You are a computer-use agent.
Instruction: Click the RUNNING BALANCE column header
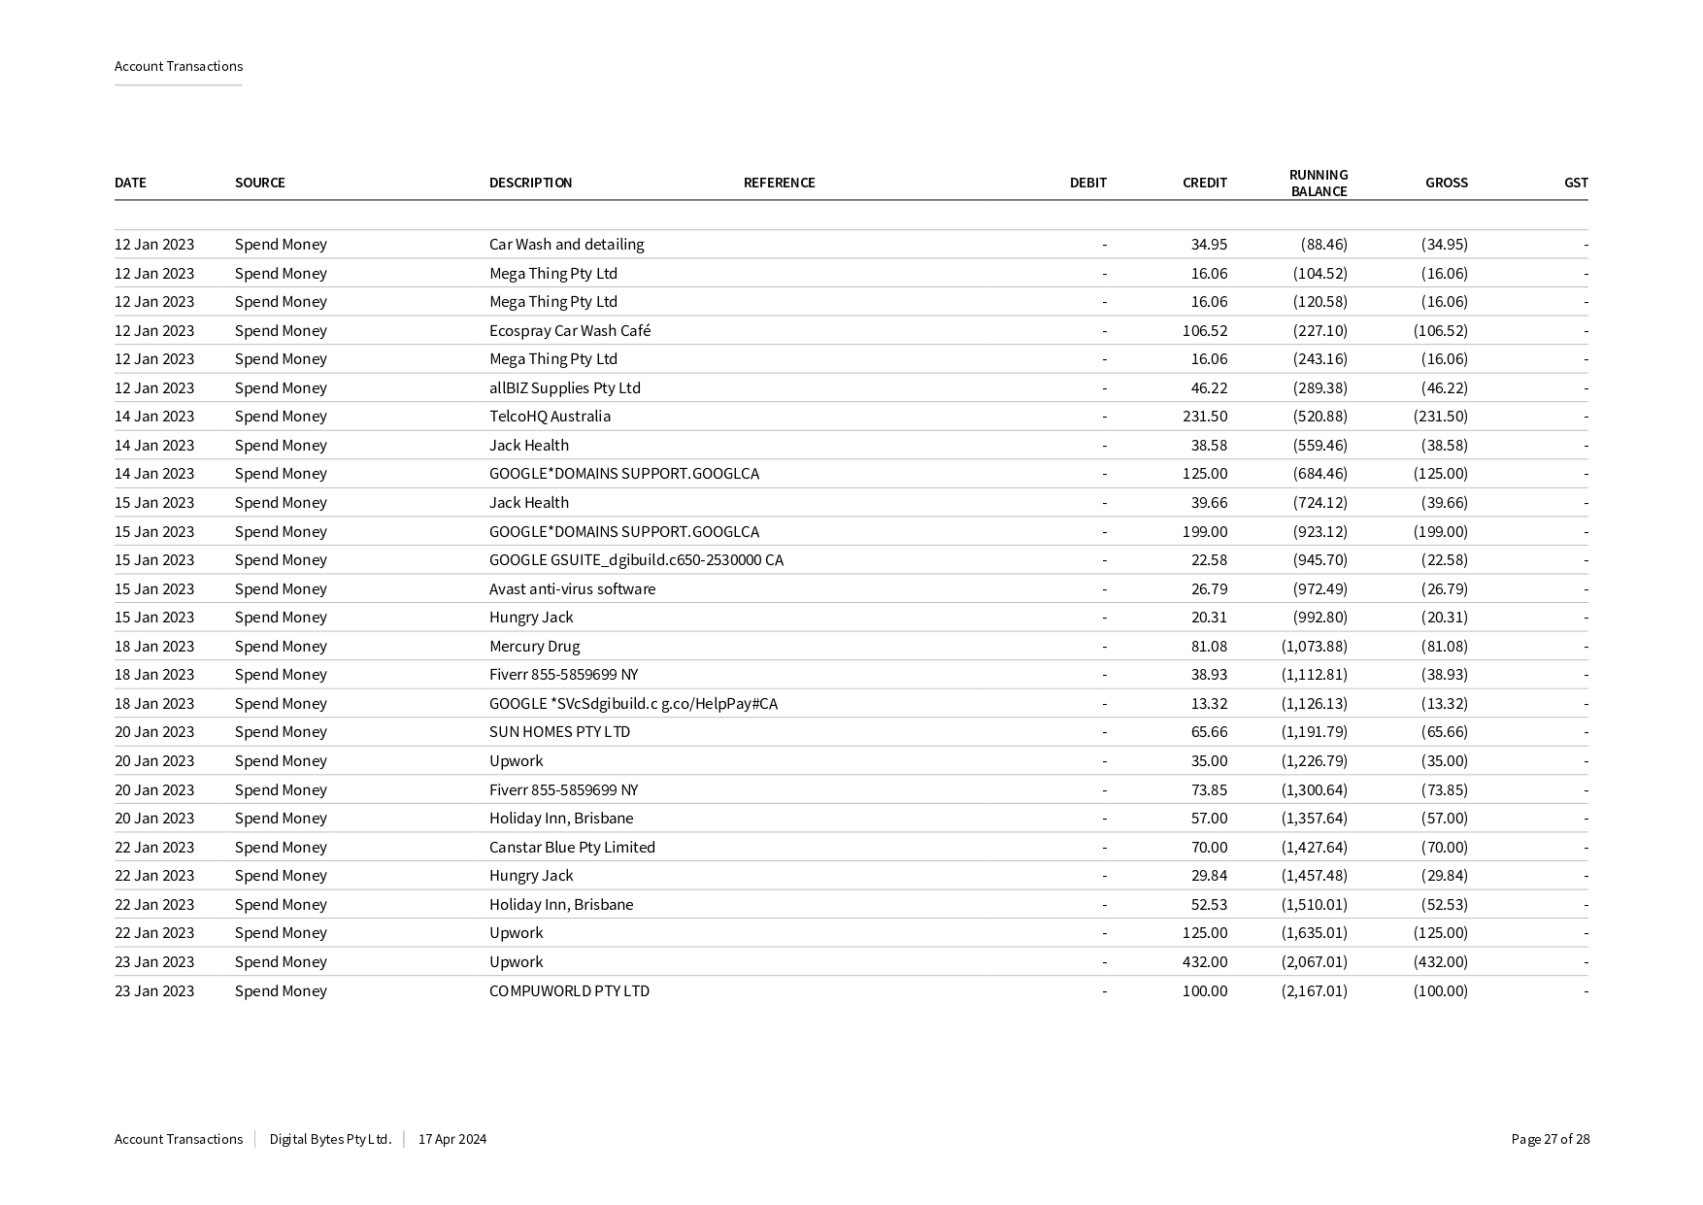click(1318, 183)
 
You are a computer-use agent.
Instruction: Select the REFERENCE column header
click(779, 183)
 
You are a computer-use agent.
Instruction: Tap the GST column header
click(1575, 183)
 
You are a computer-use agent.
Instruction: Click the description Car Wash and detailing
click(566, 245)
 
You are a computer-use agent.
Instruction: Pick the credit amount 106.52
click(1204, 331)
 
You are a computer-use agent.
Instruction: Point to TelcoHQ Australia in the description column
click(550, 417)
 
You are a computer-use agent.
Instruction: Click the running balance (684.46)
click(1319, 474)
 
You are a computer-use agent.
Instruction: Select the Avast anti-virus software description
click(572, 589)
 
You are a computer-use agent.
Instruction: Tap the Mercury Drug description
click(534, 647)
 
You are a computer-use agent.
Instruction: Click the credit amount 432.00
click(1204, 962)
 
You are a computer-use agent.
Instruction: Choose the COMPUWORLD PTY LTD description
click(569, 991)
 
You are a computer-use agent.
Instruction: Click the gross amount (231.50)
click(1440, 417)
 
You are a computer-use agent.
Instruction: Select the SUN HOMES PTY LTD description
click(559, 732)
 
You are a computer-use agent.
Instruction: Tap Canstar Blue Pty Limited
click(572, 848)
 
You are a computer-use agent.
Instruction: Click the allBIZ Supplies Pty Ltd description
click(564, 388)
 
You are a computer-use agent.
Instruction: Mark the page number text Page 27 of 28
click(1550, 1140)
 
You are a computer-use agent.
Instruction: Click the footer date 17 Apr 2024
click(451, 1140)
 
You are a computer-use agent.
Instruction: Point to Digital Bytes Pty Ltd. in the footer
click(330, 1140)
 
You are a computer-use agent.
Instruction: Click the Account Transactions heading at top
click(179, 66)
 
